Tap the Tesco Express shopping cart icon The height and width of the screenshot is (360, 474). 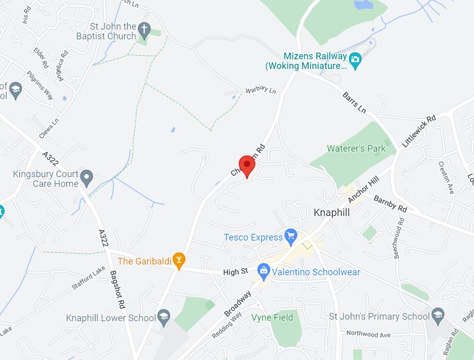point(291,236)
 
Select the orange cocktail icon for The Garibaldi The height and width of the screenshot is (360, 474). point(178,260)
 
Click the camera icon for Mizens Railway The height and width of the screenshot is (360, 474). point(355,60)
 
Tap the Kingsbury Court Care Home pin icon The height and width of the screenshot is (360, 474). point(87,177)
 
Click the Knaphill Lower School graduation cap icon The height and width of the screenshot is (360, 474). point(163,317)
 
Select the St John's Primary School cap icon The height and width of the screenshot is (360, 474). point(438,315)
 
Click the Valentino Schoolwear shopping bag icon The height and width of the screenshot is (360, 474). point(264,271)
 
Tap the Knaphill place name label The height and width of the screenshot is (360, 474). point(331,212)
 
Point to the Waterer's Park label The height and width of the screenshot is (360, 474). point(356,149)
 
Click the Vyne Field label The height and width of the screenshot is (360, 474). point(272,318)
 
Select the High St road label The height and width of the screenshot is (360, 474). point(235,272)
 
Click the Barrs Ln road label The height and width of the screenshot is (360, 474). point(354,103)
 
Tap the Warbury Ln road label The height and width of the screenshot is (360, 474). point(260,90)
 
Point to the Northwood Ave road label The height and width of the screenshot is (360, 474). point(368,334)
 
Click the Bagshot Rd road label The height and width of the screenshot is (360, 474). point(117,289)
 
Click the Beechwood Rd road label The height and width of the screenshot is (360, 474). point(399,238)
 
